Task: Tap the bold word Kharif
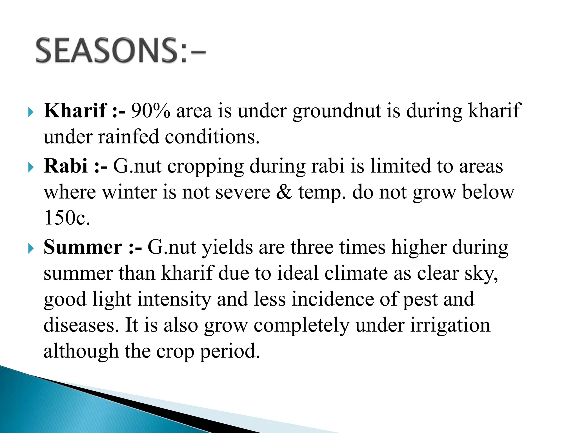click(75, 111)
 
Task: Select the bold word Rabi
click(65, 166)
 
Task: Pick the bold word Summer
click(83, 247)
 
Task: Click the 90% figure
click(150, 111)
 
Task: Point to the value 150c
click(67, 218)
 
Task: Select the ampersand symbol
click(284, 192)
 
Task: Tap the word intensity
click(174, 299)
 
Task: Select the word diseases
click(79, 325)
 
